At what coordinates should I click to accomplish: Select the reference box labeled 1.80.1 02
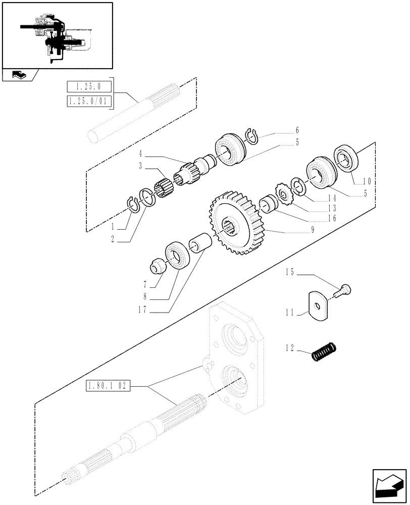(x=109, y=386)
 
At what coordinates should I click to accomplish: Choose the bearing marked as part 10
(x=345, y=157)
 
